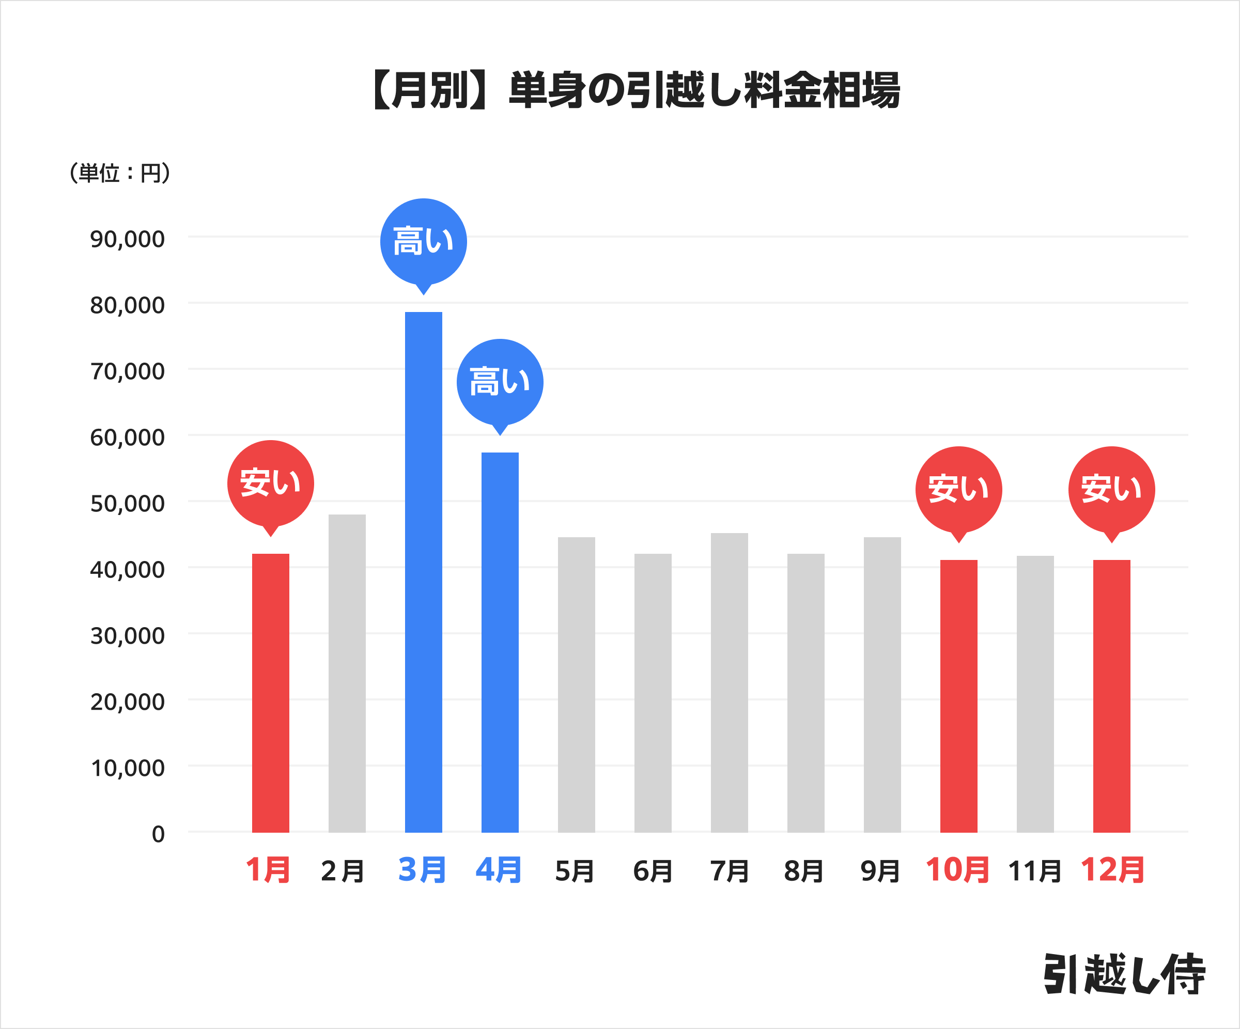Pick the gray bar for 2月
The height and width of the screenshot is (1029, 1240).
pos(347,673)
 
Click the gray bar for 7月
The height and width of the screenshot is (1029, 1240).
pos(729,682)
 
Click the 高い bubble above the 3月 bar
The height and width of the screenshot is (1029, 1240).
pos(423,242)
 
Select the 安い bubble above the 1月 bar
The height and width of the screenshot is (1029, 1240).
pos(270,484)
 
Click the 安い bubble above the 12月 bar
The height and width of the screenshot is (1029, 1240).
pos(1111,489)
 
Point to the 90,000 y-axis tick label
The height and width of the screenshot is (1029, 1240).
pos(127,239)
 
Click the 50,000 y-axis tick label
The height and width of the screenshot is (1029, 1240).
pos(127,504)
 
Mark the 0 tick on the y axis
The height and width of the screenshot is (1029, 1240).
pos(158,834)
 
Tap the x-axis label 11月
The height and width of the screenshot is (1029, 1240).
pos(1034,871)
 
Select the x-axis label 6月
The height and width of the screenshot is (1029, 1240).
pos(653,871)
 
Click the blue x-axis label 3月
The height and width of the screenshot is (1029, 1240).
pos(422,870)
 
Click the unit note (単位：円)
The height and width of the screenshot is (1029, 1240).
pos(120,173)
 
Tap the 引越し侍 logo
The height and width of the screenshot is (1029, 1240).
pos(1124,974)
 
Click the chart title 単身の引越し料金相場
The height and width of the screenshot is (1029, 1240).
pos(635,90)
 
